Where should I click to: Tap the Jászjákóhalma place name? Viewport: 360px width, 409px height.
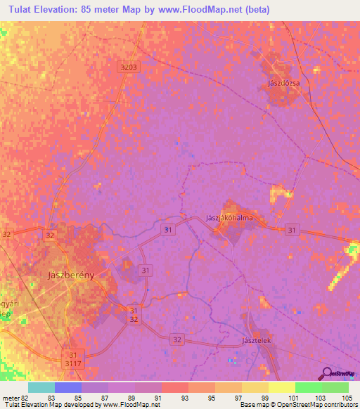[229, 218]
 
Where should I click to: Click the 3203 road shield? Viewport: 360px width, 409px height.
[129, 66]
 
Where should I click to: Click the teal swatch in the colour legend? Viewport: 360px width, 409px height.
[41, 387]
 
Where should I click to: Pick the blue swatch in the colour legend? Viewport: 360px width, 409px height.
[68, 387]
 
